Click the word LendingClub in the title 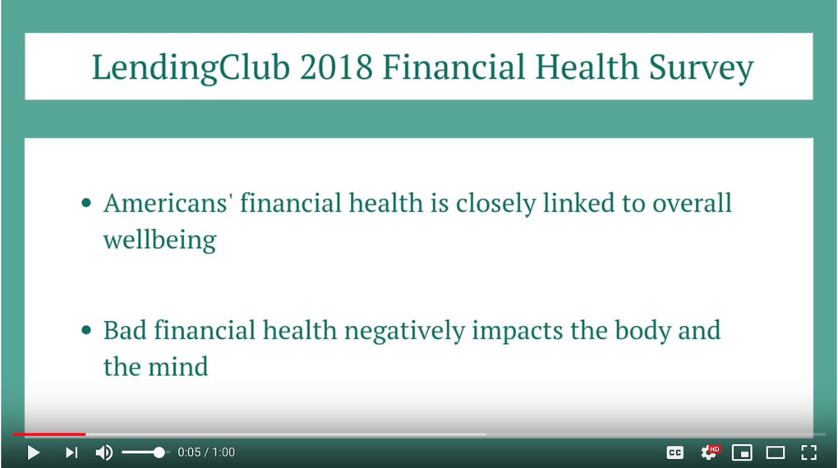point(191,68)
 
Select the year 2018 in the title point(336,67)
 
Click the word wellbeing point(160,240)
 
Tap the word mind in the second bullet point(178,367)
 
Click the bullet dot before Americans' point(86,203)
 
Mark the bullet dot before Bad point(86,330)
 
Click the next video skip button point(71,452)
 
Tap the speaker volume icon point(104,452)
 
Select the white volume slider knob point(159,452)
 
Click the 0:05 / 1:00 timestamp point(206,452)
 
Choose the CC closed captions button point(675,453)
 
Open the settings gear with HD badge point(709,452)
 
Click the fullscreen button point(808,452)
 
